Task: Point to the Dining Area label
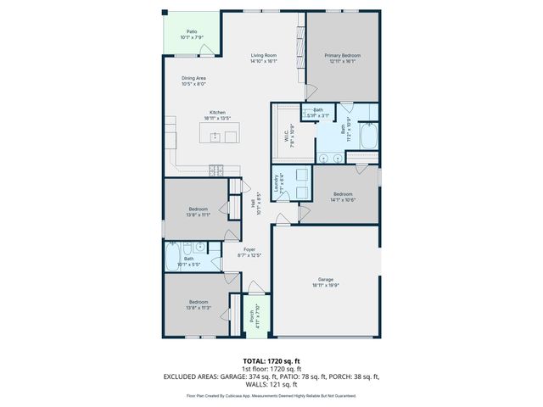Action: pos(193,81)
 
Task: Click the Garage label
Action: pos(326,282)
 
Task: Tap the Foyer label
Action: pos(249,252)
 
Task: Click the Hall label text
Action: pos(253,203)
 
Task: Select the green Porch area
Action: pos(252,317)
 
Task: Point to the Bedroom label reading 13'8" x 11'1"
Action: pos(199,212)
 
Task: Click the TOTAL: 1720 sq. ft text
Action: pos(271,360)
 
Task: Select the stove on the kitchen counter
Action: pos(217,169)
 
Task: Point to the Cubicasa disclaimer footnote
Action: pos(271,395)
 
